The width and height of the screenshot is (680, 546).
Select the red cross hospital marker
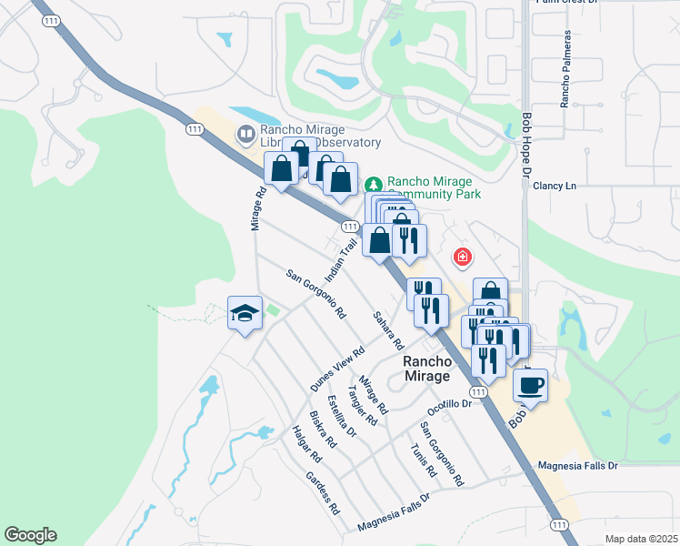point(463,258)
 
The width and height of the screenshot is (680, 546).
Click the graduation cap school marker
point(245,313)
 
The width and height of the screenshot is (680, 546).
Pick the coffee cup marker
point(531,384)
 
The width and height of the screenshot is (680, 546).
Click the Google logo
point(30,535)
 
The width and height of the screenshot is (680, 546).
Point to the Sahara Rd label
point(387,330)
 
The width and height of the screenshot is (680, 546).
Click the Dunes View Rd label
point(336,369)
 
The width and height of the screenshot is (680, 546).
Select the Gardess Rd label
point(322,492)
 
